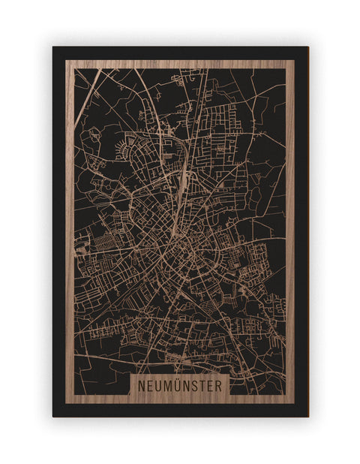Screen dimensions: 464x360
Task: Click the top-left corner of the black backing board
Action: [x=53, y=47]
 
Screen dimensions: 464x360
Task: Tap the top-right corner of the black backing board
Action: [x=307, y=47]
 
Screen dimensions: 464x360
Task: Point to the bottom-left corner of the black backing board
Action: [x=53, y=416]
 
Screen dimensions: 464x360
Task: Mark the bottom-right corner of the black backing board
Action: [x=307, y=416]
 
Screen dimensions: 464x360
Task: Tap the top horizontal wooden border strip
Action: [x=180, y=64]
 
